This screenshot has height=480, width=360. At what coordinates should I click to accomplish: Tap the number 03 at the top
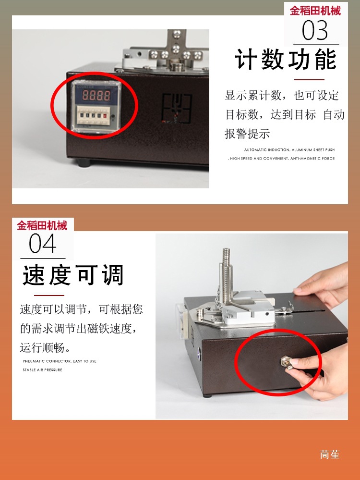click(x=315, y=31)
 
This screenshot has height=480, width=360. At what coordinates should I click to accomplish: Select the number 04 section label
click(x=42, y=244)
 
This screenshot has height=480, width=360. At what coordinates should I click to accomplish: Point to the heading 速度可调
click(x=73, y=276)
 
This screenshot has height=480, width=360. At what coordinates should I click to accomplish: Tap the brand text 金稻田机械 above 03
click(x=315, y=11)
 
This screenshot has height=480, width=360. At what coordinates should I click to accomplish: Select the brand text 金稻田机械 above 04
click(x=42, y=225)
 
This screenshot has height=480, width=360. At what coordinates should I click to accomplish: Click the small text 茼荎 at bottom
click(x=330, y=454)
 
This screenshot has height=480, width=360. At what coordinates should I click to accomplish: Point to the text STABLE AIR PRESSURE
click(x=42, y=370)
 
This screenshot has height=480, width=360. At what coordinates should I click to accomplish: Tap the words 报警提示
click(x=247, y=134)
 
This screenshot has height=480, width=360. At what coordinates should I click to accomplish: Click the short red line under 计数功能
click(x=309, y=80)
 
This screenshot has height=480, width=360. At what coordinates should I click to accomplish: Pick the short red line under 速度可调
click(x=49, y=295)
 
